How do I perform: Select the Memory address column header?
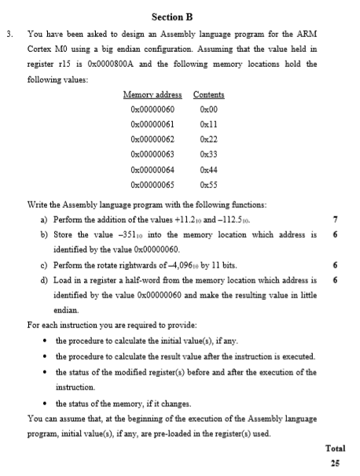coord(152,94)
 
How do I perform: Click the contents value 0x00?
coord(208,109)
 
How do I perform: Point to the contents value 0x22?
coord(208,139)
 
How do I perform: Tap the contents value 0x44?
coord(208,169)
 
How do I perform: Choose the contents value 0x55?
coord(208,184)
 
